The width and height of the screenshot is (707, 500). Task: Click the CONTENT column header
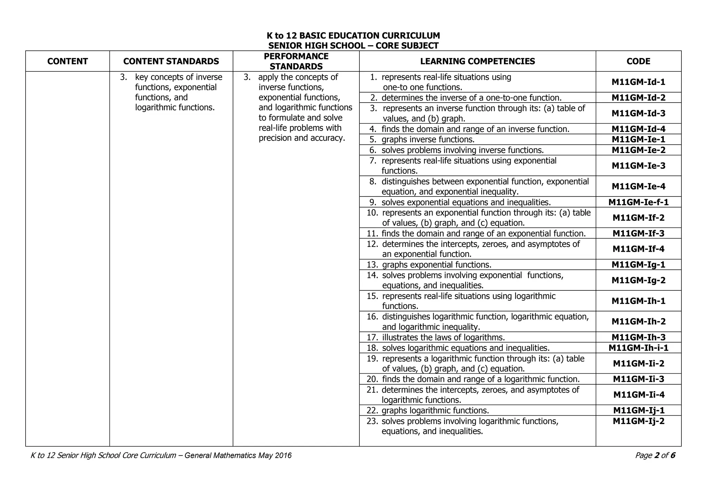pyautogui.click(x=67, y=61)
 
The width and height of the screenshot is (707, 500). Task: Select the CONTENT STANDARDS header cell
pyautogui.click(x=171, y=61)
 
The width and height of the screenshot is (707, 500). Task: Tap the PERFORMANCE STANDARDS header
pyautogui.click(x=296, y=61)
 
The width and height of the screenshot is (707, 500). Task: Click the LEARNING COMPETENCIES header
pyautogui.click(x=477, y=61)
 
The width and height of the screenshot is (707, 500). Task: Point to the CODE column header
pyautogui.click(x=638, y=61)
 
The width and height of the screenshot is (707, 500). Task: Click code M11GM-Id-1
pyautogui.click(x=638, y=82)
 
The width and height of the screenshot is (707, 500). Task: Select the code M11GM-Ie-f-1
pyautogui.click(x=638, y=202)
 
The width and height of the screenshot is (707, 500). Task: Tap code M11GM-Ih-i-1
pyautogui.click(x=638, y=348)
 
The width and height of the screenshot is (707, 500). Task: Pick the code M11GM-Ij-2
pyautogui.click(x=638, y=421)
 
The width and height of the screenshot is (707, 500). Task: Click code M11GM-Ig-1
pyautogui.click(x=638, y=265)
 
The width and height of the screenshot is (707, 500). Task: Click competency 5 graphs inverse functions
pyautogui.click(x=428, y=140)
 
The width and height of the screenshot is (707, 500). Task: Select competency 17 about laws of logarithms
pyautogui.click(x=443, y=337)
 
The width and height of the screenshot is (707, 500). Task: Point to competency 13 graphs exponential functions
pyautogui.click(x=436, y=265)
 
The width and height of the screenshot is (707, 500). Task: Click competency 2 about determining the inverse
pyautogui.click(x=471, y=98)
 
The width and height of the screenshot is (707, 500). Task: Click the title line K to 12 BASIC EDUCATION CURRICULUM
pyautogui.click(x=353, y=36)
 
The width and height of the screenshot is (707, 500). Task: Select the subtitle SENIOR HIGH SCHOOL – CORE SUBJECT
pyautogui.click(x=353, y=46)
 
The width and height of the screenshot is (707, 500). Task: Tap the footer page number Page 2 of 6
pyautogui.click(x=655, y=455)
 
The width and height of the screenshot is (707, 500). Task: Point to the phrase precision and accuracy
pyautogui.click(x=302, y=138)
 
